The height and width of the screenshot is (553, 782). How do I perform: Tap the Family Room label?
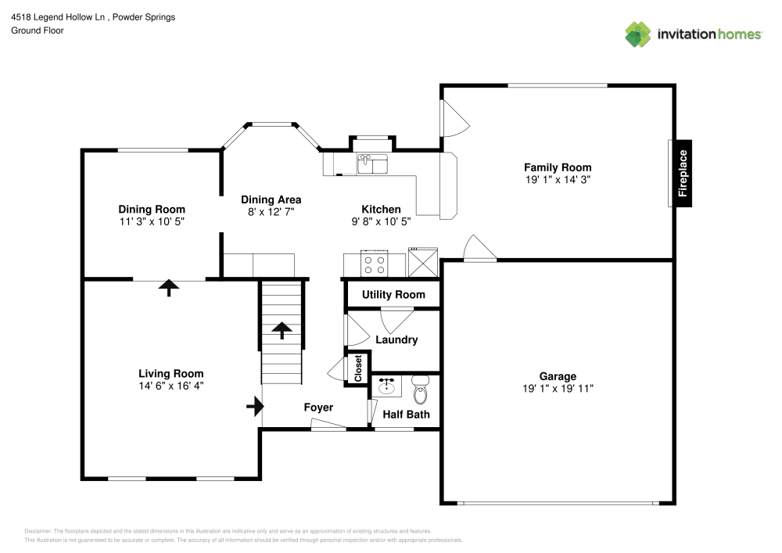tap(558, 167)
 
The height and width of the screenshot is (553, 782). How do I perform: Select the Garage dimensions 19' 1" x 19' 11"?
tap(558, 389)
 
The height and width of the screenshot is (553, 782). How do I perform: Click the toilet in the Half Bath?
tap(421, 389)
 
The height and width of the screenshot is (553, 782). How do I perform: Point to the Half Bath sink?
tap(386, 386)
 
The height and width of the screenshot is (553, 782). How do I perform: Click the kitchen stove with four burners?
tap(374, 263)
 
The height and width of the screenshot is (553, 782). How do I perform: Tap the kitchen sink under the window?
tap(372, 163)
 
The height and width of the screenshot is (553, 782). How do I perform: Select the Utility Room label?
tap(393, 295)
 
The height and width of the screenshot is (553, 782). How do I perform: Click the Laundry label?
tap(396, 340)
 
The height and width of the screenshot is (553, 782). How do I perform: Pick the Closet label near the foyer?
tap(358, 368)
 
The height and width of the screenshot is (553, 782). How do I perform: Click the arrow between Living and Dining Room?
tap(168, 287)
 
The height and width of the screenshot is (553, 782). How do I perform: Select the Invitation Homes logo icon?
tap(638, 34)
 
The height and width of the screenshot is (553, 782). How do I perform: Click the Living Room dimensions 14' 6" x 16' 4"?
tap(171, 386)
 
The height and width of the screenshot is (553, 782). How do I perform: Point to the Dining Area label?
tap(271, 199)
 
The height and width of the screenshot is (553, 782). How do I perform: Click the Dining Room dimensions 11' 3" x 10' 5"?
tap(152, 221)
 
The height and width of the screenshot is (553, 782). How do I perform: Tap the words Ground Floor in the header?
tap(38, 31)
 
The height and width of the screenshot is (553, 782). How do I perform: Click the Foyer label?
tap(318, 408)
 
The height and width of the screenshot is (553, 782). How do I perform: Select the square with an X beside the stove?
tap(423, 260)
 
